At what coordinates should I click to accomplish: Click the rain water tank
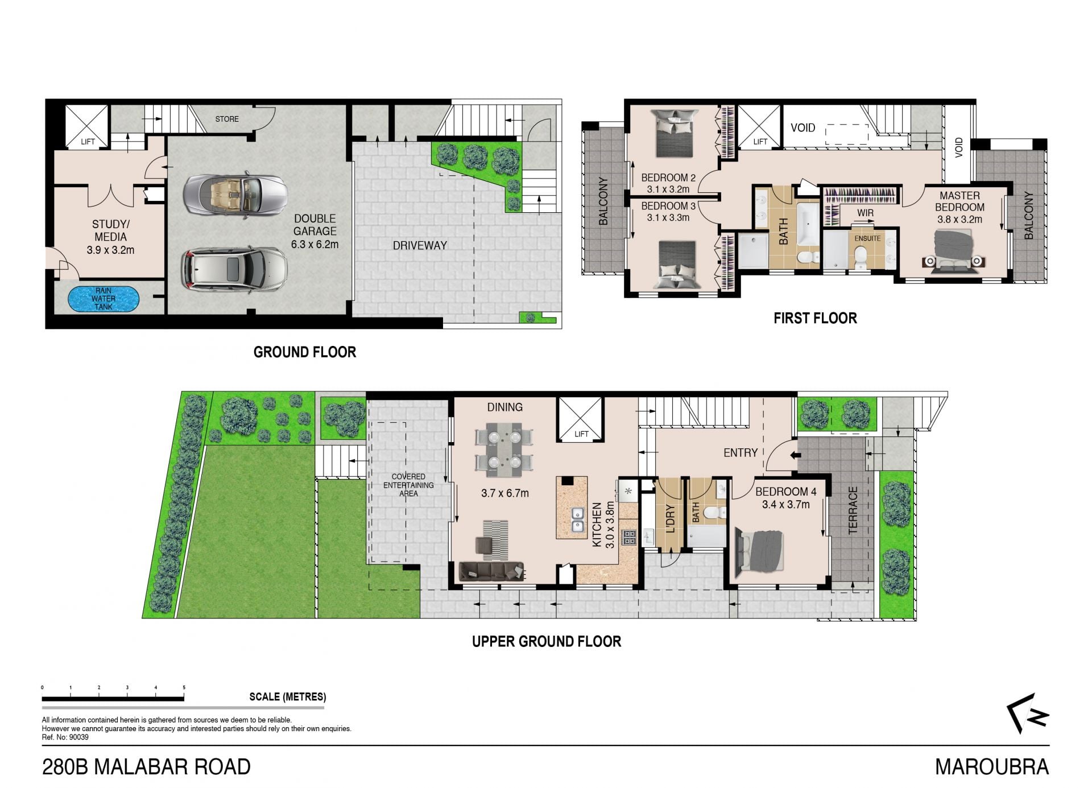103,299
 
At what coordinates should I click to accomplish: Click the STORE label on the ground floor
227,119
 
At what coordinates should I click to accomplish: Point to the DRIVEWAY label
420,246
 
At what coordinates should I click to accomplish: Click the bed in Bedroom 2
676,133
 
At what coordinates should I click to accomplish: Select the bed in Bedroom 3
677,266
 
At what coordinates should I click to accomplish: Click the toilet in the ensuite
859,257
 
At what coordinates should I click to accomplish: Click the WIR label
865,213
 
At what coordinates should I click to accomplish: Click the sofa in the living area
491,571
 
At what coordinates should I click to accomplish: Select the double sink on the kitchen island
578,518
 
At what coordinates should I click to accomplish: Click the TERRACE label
853,510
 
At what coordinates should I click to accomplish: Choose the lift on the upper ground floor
580,419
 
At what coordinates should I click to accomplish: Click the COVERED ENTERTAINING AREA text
408,485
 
